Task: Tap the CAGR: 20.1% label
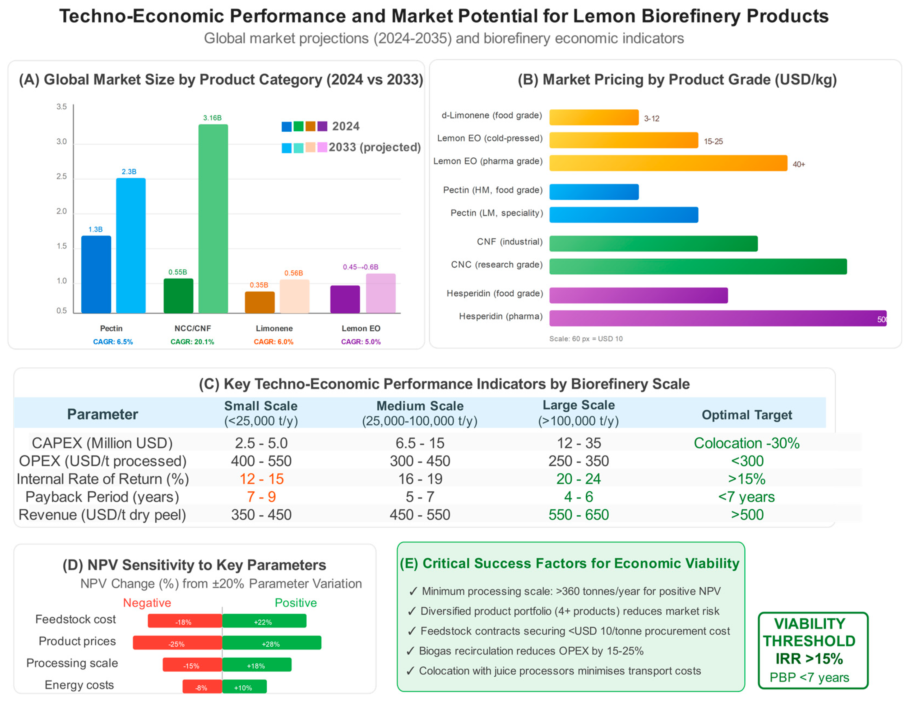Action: [192, 342]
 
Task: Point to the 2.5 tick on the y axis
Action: [61, 176]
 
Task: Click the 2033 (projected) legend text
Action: [375, 147]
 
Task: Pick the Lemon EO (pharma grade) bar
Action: [668, 163]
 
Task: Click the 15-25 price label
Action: [713, 141]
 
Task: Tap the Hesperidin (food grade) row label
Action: [495, 293]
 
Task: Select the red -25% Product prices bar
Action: [177, 643]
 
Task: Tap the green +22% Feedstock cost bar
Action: [264, 621]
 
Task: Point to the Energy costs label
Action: [79, 685]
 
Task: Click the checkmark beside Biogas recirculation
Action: [410, 651]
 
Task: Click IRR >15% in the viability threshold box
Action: [809, 659]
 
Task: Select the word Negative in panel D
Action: [147, 603]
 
